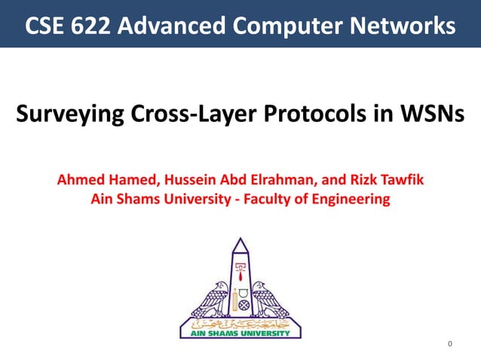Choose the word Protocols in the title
[x=308, y=116]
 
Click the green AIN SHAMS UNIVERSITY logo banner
[x=240, y=331]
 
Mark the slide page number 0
[x=450, y=345]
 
